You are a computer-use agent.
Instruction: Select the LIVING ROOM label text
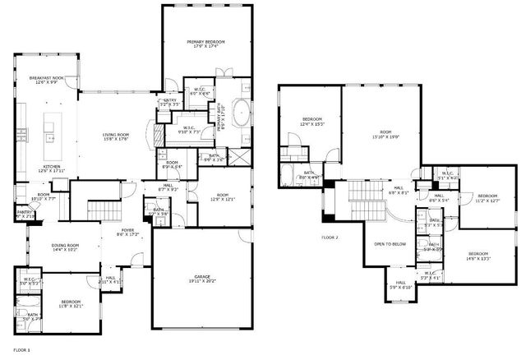(x=116, y=135)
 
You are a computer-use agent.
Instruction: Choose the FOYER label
(x=128, y=230)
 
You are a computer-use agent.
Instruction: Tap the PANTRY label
(x=24, y=211)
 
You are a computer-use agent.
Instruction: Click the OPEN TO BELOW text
(x=391, y=244)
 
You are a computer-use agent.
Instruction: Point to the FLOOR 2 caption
(x=330, y=238)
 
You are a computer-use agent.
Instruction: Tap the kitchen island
(x=48, y=128)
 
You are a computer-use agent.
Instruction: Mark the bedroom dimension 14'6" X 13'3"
(x=479, y=259)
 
